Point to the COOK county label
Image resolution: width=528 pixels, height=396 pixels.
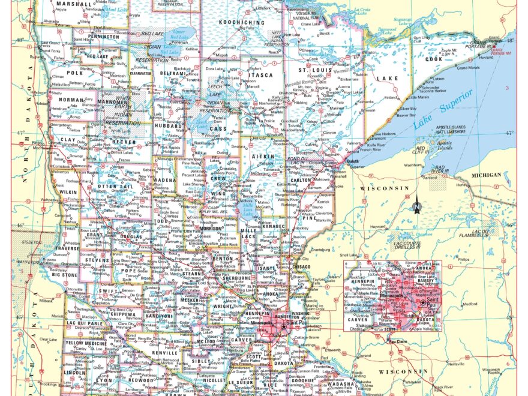click(x=433, y=59)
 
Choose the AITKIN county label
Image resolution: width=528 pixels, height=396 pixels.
click(x=262, y=156)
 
